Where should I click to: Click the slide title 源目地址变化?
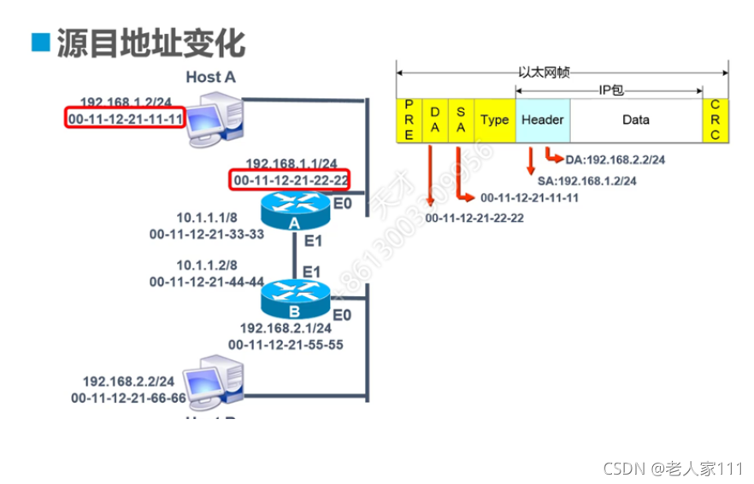point(150,43)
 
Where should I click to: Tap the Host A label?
point(210,78)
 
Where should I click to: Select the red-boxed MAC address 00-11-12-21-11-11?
point(126,118)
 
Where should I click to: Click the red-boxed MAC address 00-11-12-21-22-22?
point(291,180)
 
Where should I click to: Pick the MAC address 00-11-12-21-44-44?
point(206,281)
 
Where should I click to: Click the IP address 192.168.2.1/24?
point(286,328)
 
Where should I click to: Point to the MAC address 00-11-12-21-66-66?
point(128,397)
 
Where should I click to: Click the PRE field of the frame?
point(409,120)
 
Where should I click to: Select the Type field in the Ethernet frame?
point(494,120)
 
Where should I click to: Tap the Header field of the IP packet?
point(542,120)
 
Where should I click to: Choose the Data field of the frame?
point(635,120)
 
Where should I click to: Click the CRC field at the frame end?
point(715,120)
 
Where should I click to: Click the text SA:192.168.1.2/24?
point(586,181)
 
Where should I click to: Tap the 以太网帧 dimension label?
point(543,73)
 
